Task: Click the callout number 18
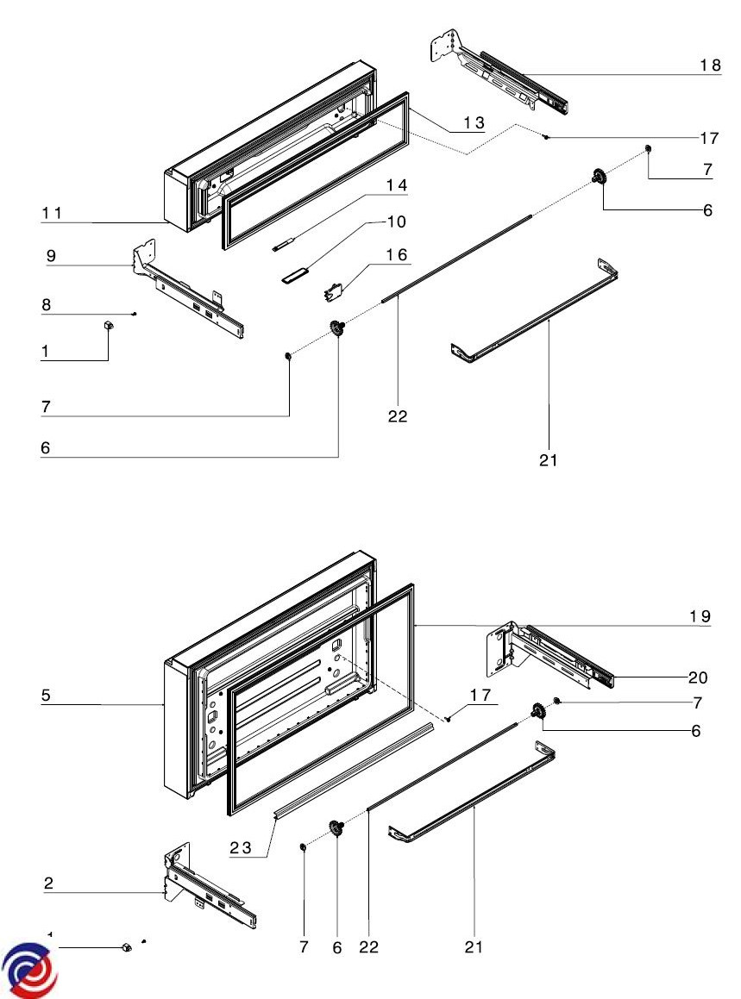pos(709,66)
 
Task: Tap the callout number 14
pos(397,185)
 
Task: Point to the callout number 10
pos(396,222)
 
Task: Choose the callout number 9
pos(51,255)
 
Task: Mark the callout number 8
pos(47,304)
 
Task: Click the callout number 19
pos(700,615)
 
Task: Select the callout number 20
pos(700,677)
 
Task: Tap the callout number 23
pos(240,847)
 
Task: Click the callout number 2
pos(48,883)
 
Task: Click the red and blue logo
pos(30,970)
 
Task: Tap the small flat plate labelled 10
pos(293,276)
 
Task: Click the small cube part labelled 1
pos(109,324)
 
